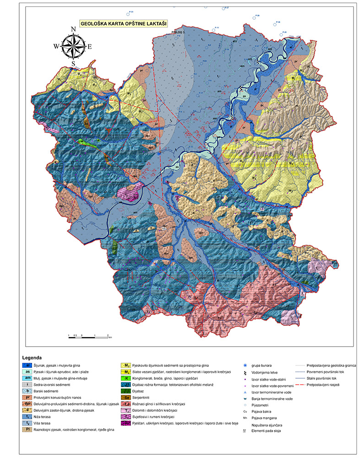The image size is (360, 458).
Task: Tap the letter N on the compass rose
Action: [73, 29]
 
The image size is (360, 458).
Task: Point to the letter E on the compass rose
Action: [90, 46]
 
